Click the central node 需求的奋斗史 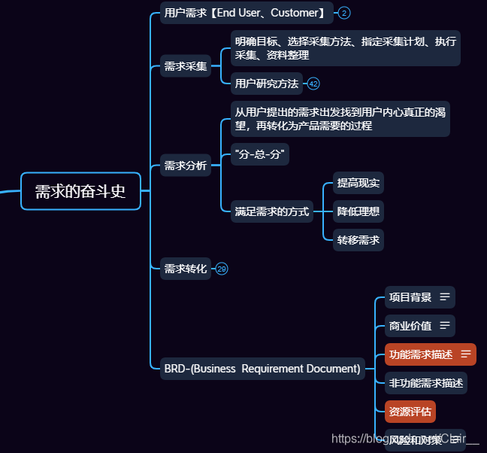[80, 191]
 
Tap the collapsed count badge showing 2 [343, 13]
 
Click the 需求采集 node [185, 66]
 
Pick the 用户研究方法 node [266, 83]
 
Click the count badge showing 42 [313, 84]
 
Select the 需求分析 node [185, 166]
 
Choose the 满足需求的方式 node [271, 211]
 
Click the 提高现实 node [358, 183]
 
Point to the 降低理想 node [358, 211]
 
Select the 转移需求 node [358, 240]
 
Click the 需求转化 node [185, 268]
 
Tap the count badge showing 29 [222, 269]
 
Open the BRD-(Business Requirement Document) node [262, 369]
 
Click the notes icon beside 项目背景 [445, 297]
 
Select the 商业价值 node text [410, 326]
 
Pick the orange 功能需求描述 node [420, 354]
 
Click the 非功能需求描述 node [425, 383]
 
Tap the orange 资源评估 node [410, 412]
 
